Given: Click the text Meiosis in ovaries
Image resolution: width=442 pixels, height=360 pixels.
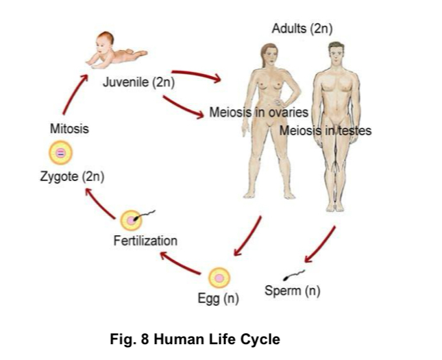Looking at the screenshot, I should pyautogui.click(x=259, y=112).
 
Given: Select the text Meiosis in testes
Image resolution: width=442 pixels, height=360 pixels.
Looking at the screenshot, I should pyautogui.click(x=325, y=130).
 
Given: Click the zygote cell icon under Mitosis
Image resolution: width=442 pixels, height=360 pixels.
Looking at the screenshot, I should pyautogui.click(x=61, y=153).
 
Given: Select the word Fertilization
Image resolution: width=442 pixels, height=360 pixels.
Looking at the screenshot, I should pyautogui.click(x=145, y=241).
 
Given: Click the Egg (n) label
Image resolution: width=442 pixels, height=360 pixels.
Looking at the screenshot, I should pyautogui.click(x=218, y=299).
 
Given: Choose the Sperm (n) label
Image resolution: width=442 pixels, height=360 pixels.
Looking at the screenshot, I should pyautogui.click(x=293, y=291).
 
